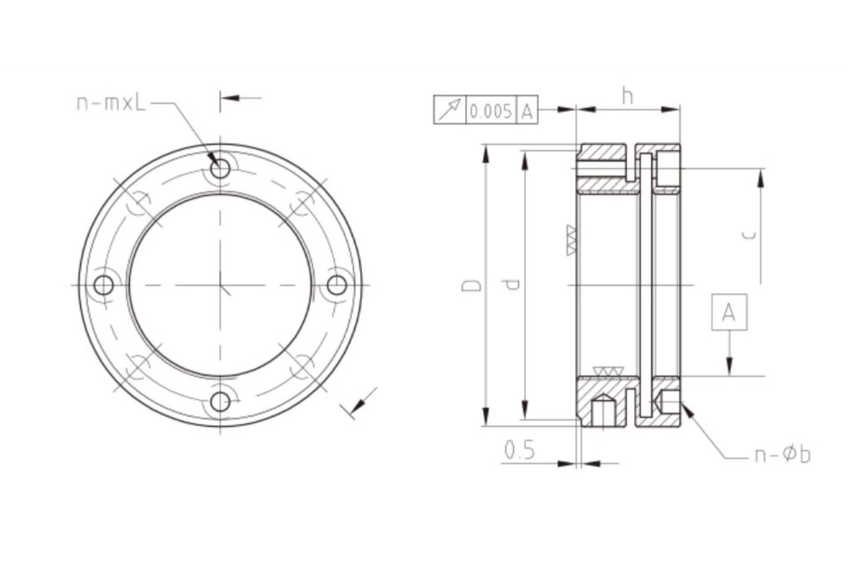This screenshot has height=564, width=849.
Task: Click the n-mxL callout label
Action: click(111, 104)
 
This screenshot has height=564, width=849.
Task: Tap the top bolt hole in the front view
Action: click(220, 168)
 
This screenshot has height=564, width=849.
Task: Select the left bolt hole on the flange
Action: click(103, 285)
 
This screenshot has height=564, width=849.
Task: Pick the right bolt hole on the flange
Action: click(337, 285)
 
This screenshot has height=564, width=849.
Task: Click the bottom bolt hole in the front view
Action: click(220, 402)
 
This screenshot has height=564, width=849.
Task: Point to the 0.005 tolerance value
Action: click(491, 110)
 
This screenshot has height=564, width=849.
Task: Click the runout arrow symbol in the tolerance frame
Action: click(449, 110)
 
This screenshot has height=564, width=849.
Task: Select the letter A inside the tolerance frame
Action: click(527, 110)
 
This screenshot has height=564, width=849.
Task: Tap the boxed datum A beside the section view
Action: click(729, 312)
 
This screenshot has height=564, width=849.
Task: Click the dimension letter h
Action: click(627, 97)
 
